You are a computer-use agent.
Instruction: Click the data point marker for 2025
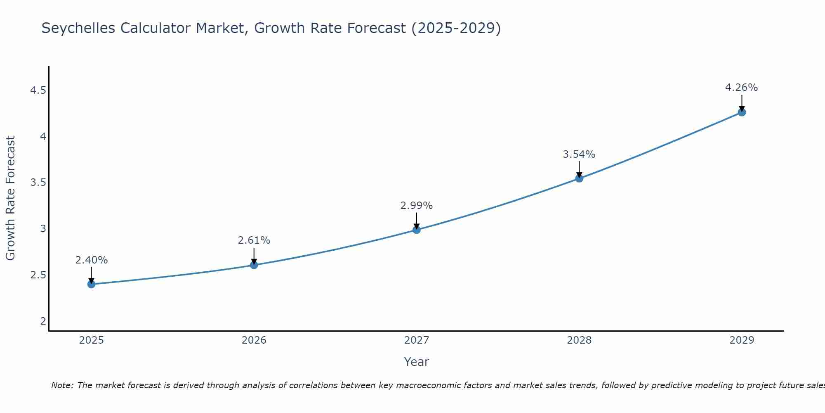coord(92,284)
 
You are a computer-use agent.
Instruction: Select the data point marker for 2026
coord(254,265)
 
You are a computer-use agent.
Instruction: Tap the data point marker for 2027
coord(417,230)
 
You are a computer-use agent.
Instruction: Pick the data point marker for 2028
coord(579,178)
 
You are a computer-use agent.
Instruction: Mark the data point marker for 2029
coord(742,112)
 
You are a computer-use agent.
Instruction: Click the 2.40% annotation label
coord(92,260)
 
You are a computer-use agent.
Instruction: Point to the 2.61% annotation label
coord(254,240)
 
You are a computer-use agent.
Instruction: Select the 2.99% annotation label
coord(417,206)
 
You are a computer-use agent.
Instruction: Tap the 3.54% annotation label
coord(579,154)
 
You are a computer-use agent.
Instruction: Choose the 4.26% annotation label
coord(742,88)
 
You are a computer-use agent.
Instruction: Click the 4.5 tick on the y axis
coord(38,90)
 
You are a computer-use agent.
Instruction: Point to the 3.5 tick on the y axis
coord(38,183)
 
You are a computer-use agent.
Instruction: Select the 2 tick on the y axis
coord(43,321)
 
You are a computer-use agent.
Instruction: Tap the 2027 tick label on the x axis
coord(417,340)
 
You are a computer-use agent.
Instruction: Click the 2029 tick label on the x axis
coord(742,340)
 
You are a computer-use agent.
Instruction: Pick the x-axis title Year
coord(417,362)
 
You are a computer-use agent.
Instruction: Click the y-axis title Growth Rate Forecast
coord(11,198)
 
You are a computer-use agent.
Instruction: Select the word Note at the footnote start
coord(62,385)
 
